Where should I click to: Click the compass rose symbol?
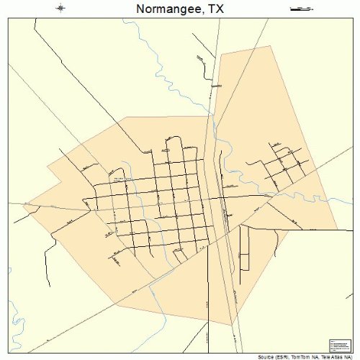[x=61, y=9]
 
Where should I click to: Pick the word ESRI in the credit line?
[x=280, y=356]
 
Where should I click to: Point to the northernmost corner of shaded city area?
[x=271, y=47]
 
